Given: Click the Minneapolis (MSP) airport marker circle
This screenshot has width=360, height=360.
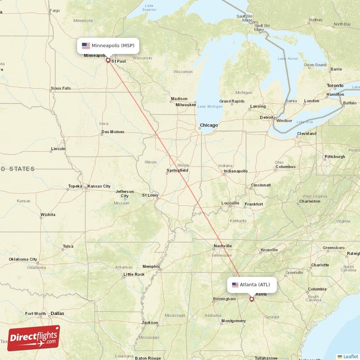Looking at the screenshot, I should click(x=108, y=60).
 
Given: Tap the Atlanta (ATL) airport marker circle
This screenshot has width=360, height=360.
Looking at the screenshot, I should click(x=252, y=299).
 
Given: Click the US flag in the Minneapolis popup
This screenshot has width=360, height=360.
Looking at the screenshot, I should click(x=85, y=45).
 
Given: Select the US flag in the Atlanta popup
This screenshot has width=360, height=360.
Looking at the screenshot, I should click(x=235, y=285).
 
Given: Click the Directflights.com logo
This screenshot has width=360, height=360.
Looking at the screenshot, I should click(x=34, y=338).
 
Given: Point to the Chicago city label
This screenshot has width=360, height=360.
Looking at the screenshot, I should click(x=209, y=126).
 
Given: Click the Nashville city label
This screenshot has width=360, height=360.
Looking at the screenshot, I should click(x=222, y=246).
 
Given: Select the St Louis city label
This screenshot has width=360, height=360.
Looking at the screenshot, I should click(x=150, y=195).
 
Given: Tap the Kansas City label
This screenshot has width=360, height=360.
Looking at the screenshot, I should click(x=99, y=186).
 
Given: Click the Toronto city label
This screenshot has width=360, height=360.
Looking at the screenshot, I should click(x=335, y=85).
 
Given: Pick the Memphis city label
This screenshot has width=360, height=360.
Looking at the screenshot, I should click(x=151, y=266).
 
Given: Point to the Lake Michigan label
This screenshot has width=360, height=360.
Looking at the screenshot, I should click(x=210, y=106).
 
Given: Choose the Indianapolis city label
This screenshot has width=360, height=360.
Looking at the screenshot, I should click(x=236, y=171).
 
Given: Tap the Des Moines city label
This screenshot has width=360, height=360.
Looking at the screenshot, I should click(x=113, y=132).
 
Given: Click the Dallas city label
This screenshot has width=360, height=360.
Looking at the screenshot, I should click(x=57, y=313).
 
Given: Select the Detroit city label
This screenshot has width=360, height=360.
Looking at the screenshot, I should click(x=266, y=117).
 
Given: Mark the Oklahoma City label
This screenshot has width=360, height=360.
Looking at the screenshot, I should click(x=23, y=259).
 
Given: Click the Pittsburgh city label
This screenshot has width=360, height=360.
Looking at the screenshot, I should click(x=334, y=157).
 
